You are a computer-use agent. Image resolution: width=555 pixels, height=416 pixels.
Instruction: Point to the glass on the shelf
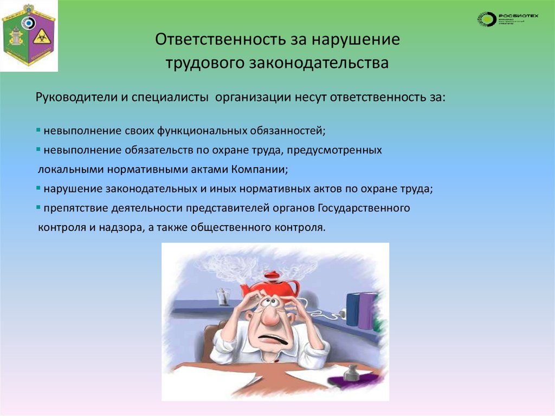(x=222, y=298)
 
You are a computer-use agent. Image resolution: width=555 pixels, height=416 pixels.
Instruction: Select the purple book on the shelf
(x=369, y=310)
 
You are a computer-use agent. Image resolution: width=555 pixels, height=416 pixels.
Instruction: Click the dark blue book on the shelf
(x=353, y=309)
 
